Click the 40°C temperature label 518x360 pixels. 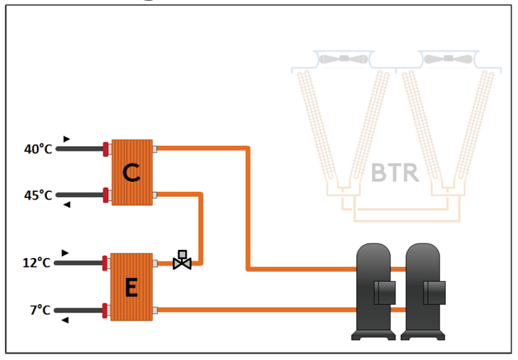click(x=38, y=149)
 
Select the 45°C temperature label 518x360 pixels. click(x=38, y=195)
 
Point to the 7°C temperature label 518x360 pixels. click(x=39, y=310)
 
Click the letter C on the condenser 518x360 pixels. click(x=132, y=172)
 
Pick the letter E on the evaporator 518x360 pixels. click(x=132, y=287)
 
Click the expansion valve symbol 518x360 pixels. click(x=182, y=261)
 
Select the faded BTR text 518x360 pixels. click(x=395, y=172)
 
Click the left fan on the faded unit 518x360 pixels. click(x=342, y=59)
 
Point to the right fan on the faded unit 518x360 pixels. click(x=448, y=59)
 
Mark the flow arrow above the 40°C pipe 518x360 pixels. click(x=66, y=138)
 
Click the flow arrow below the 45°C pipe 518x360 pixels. click(x=66, y=205)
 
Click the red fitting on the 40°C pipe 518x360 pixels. click(x=107, y=149)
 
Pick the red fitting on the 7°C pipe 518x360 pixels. click(x=105, y=310)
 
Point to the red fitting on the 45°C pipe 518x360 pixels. click(x=107, y=195)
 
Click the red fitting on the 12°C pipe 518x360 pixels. click(x=105, y=262)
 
